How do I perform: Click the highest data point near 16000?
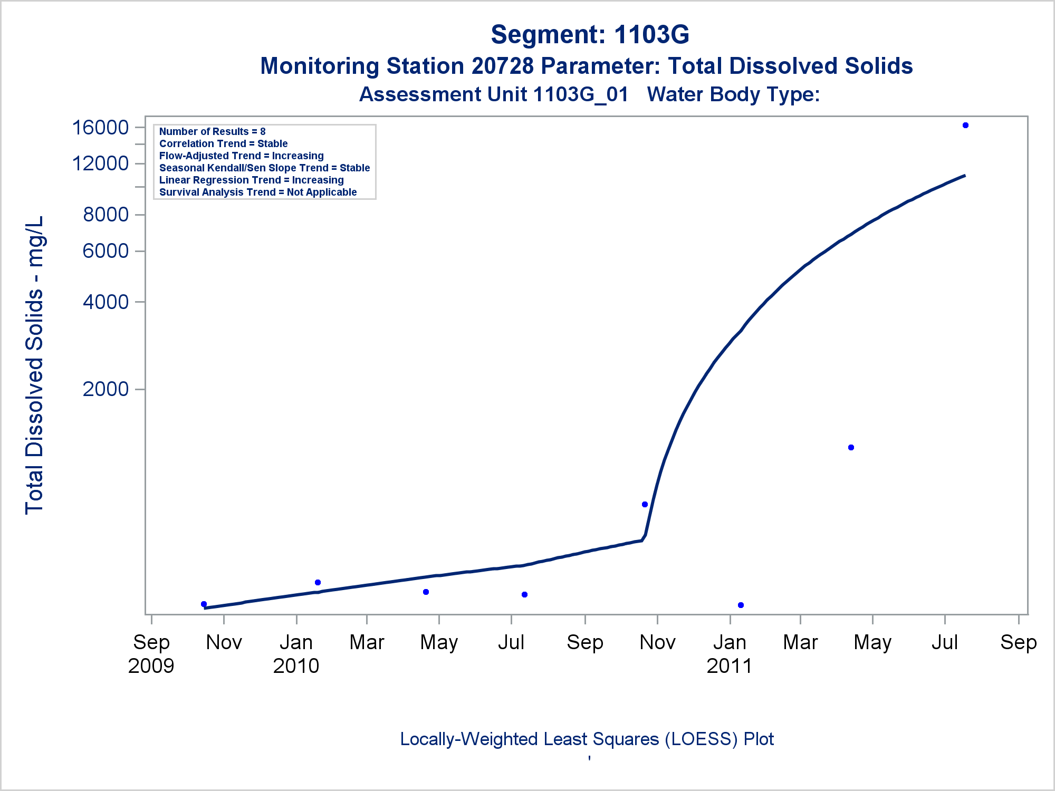click(x=965, y=126)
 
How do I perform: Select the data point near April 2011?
click(x=851, y=448)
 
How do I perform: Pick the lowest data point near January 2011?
click(x=741, y=605)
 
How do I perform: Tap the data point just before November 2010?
click(x=645, y=505)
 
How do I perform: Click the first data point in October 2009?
click(x=204, y=604)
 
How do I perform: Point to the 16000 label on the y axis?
click(x=100, y=128)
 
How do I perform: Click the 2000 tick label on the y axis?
click(x=105, y=389)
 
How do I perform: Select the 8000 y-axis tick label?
click(x=105, y=215)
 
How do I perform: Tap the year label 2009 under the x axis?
click(x=151, y=666)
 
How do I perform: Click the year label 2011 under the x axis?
click(x=729, y=666)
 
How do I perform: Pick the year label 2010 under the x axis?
click(x=296, y=666)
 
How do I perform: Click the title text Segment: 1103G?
click(x=590, y=35)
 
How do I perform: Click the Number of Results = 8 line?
click(x=212, y=131)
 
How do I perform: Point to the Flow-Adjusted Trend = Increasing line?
click(x=241, y=156)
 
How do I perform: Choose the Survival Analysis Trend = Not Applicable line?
click(x=258, y=192)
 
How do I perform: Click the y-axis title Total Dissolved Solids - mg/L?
click(x=35, y=365)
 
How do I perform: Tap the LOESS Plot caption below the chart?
click(x=587, y=739)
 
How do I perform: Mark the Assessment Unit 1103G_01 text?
click(x=494, y=94)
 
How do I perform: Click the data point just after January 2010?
click(x=318, y=583)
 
